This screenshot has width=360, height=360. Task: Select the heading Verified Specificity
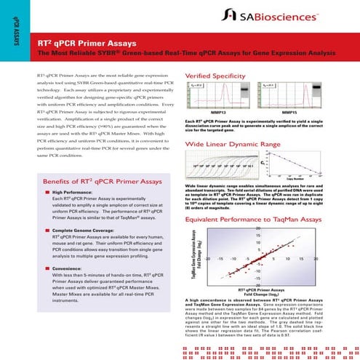(219, 76)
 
